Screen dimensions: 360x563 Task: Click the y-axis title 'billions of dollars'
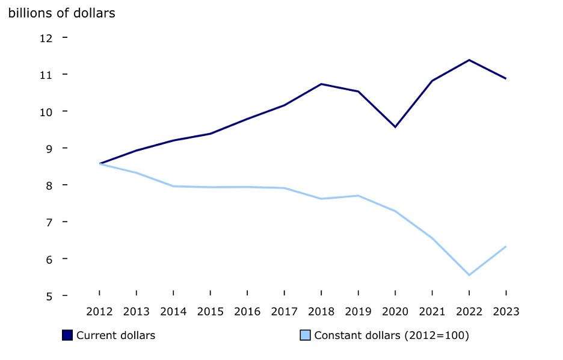point(61,13)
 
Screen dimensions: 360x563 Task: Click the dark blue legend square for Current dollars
point(67,335)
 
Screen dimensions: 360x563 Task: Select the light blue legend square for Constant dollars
point(305,335)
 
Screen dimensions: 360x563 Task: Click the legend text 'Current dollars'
point(115,335)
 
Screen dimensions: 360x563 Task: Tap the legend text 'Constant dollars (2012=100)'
point(391,335)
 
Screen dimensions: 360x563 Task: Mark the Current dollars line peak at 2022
point(469,60)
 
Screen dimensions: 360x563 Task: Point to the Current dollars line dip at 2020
point(395,127)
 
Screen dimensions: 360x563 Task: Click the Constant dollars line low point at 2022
point(469,275)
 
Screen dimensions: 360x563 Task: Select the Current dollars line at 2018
point(321,84)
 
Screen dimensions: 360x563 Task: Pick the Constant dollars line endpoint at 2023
point(506,246)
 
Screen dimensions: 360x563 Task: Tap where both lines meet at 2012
point(99,164)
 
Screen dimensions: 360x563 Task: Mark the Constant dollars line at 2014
point(173,186)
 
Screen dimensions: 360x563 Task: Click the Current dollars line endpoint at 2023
point(506,79)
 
